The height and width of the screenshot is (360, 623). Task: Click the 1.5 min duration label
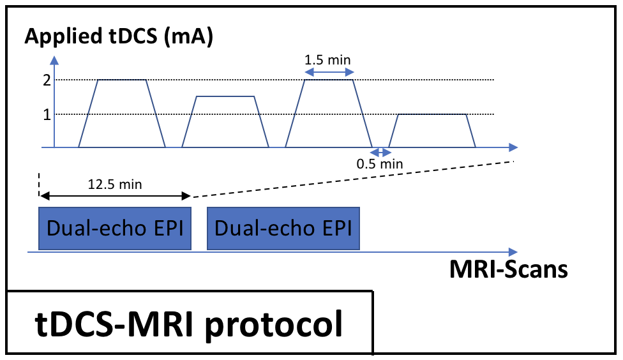[328, 60]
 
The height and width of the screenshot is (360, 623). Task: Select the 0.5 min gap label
[380, 164]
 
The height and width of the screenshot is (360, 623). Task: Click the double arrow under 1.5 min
[328, 73]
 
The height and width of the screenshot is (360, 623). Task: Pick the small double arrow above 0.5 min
[380, 152]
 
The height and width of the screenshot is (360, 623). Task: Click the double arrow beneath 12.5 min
[115, 196]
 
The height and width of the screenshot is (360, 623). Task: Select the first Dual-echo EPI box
[116, 228]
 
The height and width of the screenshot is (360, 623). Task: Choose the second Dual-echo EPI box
[283, 228]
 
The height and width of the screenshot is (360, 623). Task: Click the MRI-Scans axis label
[508, 269]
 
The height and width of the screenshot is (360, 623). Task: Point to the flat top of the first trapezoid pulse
[122, 80]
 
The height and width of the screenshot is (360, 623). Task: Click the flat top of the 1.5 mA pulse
[226, 96]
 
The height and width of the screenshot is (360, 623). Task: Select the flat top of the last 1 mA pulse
[432, 114]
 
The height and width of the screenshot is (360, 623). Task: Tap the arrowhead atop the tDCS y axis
[55, 61]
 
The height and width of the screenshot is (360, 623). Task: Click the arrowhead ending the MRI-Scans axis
[513, 251]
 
